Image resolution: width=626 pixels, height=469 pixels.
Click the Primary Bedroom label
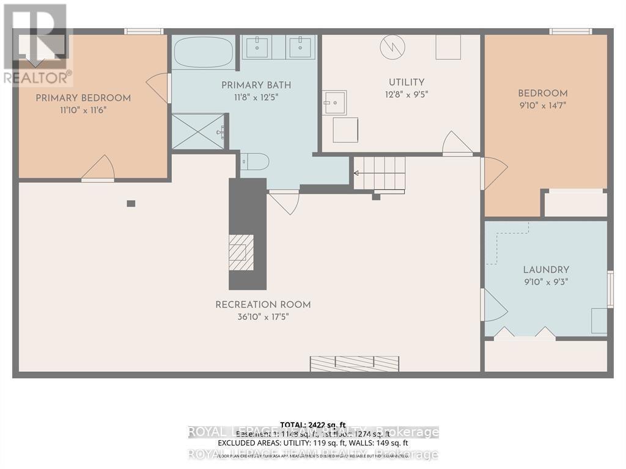(83, 98)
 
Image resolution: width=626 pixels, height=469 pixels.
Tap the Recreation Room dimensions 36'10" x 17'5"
(263, 317)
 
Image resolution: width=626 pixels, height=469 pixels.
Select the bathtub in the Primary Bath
(204, 53)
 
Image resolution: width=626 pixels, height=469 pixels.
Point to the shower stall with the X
(197, 131)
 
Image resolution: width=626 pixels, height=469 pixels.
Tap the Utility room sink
(334, 103)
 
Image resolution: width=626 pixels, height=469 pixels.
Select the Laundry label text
(546, 269)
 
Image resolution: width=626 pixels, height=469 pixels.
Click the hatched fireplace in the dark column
(241, 252)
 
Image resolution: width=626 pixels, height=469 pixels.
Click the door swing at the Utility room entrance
(457, 144)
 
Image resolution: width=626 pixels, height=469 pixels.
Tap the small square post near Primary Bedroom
(131, 203)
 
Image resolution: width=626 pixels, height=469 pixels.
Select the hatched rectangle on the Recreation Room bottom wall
(355, 364)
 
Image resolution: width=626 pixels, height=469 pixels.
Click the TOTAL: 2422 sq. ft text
(312, 424)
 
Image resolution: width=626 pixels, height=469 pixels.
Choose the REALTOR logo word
(35, 78)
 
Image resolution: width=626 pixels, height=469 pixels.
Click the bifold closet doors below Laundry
(525, 333)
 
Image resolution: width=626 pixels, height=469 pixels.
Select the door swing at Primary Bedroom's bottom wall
(98, 169)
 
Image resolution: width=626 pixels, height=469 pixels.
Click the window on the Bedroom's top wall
(570, 31)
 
